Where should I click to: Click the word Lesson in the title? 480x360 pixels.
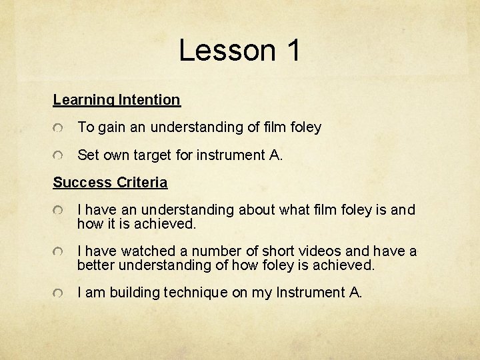(x=227, y=51)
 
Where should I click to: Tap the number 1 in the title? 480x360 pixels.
(x=293, y=51)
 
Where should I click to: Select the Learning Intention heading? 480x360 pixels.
(x=117, y=100)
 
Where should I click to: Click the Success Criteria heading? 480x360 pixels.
(x=110, y=183)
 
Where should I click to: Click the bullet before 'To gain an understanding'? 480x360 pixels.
(x=59, y=127)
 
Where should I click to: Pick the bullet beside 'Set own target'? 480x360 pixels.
(x=59, y=155)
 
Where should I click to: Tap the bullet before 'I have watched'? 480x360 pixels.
(x=59, y=252)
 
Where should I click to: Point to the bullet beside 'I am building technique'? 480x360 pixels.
(x=59, y=293)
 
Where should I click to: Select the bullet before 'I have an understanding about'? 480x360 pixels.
(x=59, y=211)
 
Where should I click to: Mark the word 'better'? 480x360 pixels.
(x=95, y=265)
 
